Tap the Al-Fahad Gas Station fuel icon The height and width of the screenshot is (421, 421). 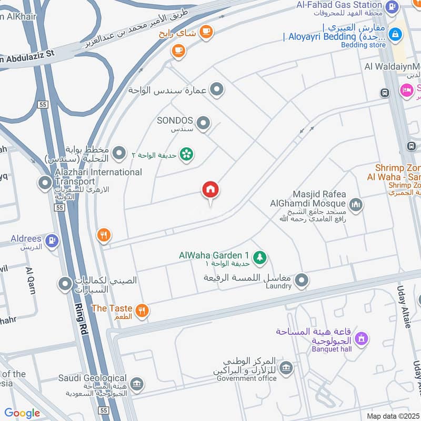click(x=391, y=7)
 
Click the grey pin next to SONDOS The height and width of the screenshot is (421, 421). click(x=203, y=124)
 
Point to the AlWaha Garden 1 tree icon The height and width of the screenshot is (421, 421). click(x=259, y=257)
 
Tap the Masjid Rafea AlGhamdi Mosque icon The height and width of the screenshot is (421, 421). click(x=356, y=204)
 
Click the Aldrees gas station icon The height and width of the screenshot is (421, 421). click(x=52, y=241)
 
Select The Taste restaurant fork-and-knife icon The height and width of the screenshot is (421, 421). click(x=141, y=310)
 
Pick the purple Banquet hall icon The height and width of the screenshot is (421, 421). click(x=361, y=338)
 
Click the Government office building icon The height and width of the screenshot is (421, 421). click(x=286, y=367)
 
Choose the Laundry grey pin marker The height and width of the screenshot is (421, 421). click(x=301, y=281)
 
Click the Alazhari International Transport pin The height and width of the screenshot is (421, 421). click(x=45, y=183)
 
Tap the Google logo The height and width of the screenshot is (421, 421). click(x=22, y=413)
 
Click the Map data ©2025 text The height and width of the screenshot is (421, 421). click(x=392, y=416)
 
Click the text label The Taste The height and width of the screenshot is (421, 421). click(x=112, y=308)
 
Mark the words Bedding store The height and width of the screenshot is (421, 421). click(x=363, y=45)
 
